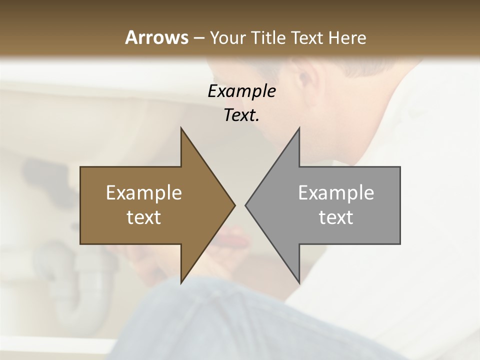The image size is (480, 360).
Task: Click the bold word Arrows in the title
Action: tap(156, 37)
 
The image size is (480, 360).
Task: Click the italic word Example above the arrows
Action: tap(241, 91)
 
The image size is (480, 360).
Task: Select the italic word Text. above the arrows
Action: tap(241, 115)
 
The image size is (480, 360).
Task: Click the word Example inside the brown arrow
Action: tap(144, 193)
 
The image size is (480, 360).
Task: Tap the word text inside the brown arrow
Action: tap(144, 217)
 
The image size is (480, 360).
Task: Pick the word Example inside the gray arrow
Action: tap(336, 193)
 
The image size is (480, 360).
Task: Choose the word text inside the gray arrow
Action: tap(336, 217)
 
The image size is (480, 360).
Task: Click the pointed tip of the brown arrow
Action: tap(234, 205)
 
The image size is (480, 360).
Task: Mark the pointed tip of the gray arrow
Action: tap(245, 205)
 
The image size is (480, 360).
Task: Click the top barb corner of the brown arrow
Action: tap(181, 128)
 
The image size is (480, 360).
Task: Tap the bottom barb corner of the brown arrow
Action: tap(181, 282)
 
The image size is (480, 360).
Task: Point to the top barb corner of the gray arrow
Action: tap(299, 128)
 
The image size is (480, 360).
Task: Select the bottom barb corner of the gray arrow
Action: tap(299, 282)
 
